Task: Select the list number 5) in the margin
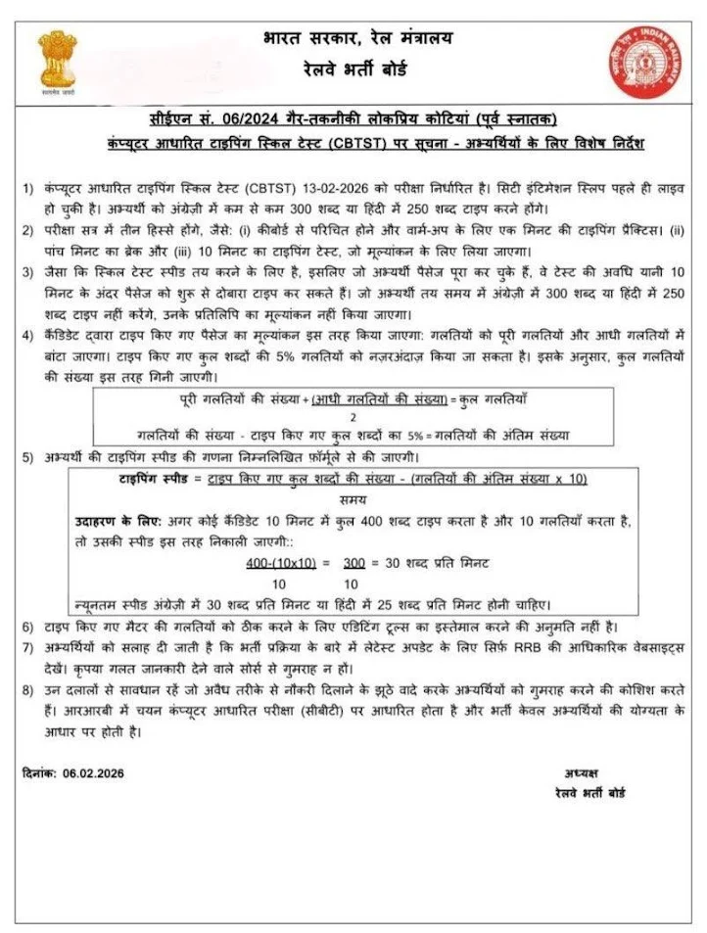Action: click(27, 458)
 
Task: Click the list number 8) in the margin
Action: click(27, 690)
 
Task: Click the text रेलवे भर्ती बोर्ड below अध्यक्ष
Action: click(588, 792)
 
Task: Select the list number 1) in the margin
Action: click(27, 185)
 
